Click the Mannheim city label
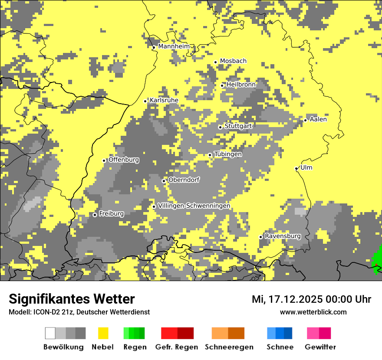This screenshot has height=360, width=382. coord(174,46)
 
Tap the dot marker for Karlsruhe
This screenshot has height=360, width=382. coord(145,101)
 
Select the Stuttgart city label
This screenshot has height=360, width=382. coord(238,126)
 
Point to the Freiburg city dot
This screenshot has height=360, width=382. coord(95,215)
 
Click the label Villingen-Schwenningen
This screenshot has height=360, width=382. coord(194,206)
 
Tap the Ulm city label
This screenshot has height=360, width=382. coord(306,168)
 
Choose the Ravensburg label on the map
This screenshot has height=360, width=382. coord(283,236)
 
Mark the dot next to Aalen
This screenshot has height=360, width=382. coord(306,120)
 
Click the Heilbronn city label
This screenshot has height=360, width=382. coord(241,85)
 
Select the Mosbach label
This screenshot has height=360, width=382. coord(233,61)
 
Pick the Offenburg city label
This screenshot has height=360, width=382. coord(124,160)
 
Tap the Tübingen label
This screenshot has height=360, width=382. coord(228,154)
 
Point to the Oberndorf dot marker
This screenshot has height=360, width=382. coord(164,181)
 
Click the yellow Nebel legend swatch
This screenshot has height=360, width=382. coord(103,333)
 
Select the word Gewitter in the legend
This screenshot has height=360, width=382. coord(320,347)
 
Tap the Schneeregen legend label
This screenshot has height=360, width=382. coord(229,347)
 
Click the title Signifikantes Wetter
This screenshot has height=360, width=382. coord(72,299)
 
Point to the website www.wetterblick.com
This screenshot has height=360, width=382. coord(313,312)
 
